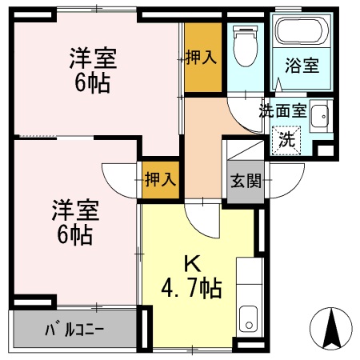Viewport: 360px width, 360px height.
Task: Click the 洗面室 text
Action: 282,111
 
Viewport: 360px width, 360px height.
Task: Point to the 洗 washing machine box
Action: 286,137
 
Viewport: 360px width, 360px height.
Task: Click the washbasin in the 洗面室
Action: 319,118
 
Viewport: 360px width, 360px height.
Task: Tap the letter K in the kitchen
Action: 191,261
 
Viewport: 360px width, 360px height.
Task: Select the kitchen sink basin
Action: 249,318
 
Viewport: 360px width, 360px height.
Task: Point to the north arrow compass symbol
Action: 333,327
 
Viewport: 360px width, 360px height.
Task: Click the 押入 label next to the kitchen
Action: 160,179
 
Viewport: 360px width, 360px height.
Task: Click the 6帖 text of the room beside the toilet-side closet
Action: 93,82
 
